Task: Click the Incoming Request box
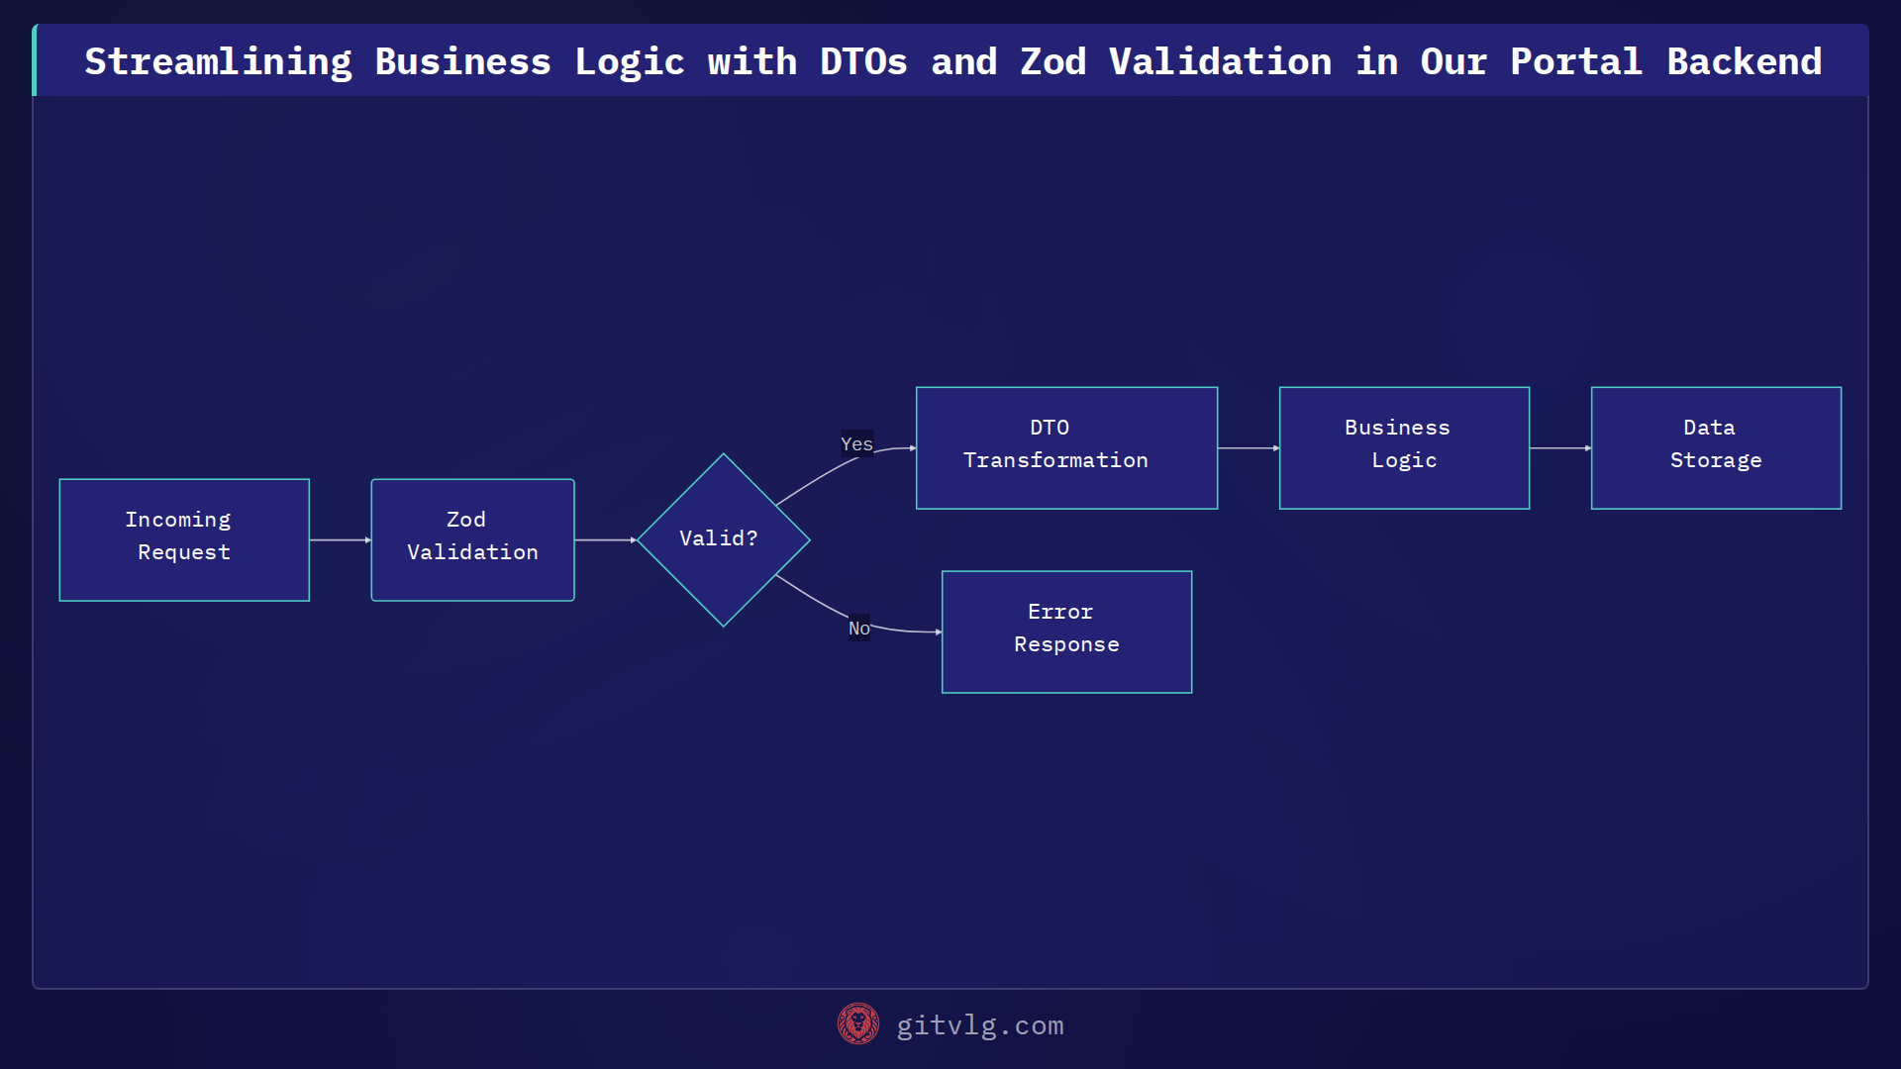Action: [184, 539]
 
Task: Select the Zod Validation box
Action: [472, 539]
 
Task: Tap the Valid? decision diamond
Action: [723, 539]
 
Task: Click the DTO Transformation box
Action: [1066, 447]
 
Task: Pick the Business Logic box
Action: [1404, 447]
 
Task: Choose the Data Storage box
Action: [1716, 447]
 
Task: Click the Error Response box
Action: [1066, 632]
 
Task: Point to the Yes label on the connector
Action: [856, 444]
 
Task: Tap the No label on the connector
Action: [858, 629]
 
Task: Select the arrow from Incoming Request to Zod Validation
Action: [340, 539]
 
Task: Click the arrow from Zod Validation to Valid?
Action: [605, 539]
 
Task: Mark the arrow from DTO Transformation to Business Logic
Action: [1248, 448]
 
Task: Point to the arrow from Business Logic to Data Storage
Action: [1559, 448]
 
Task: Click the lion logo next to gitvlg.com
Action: [857, 1023]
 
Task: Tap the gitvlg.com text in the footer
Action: [979, 1025]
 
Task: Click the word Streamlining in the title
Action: [218, 61]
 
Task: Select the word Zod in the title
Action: [1052, 61]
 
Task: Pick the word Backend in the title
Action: [1744, 61]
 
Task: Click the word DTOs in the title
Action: [862, 61]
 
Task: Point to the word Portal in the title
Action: [1575, 61]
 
